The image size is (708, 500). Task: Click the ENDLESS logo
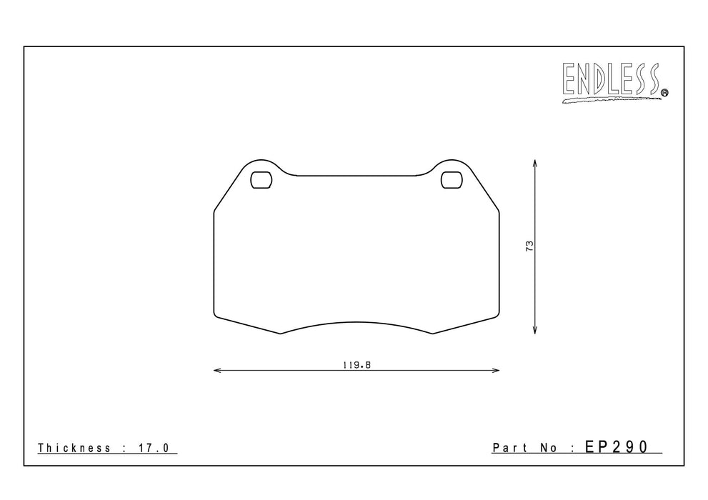click(615, 82)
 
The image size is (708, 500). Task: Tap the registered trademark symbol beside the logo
click(664, 93)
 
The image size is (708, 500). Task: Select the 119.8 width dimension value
click(357, 365)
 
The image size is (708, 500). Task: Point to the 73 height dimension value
click(529, 246)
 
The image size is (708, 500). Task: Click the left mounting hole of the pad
click(261, 180)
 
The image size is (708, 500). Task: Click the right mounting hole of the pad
click(452, 180)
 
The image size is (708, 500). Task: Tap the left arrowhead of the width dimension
click(217, 371)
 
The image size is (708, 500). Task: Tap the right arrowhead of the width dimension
click(495, 371)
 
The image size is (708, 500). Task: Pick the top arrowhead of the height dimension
click(534, 164)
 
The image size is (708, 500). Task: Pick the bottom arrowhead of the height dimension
click(534, 330)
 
